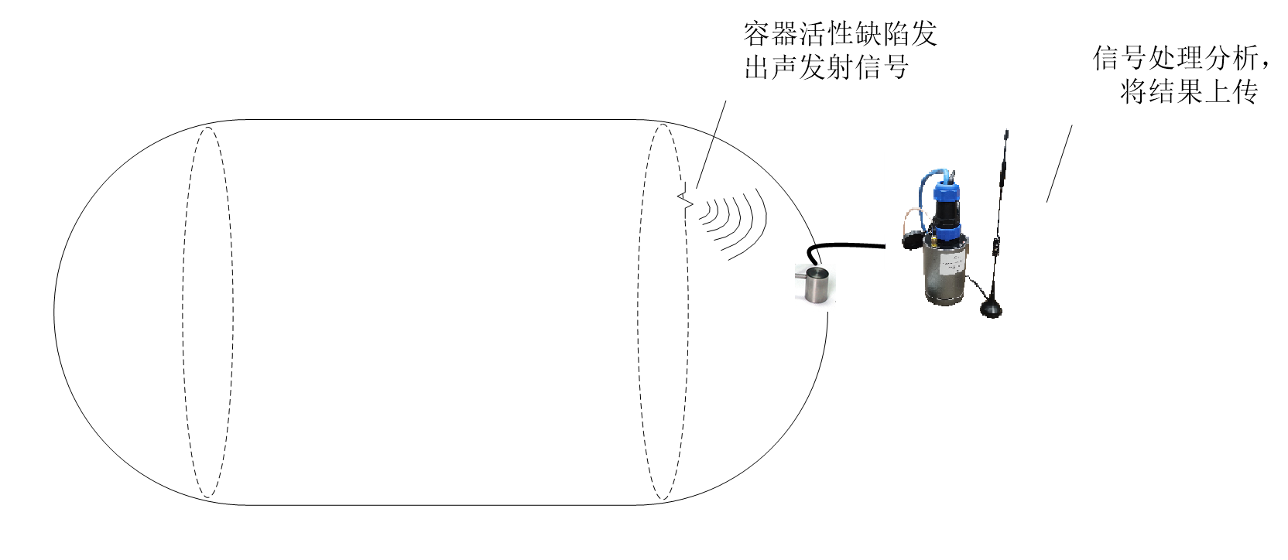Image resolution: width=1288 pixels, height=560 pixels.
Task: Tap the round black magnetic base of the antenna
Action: [991, 309]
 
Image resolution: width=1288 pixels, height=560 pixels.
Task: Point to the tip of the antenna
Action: [1006, 131]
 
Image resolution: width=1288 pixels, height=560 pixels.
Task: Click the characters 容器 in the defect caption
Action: [771, 34]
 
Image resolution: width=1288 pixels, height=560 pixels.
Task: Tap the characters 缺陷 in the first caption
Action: [882, 34]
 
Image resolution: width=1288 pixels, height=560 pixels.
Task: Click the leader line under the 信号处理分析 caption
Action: [1059, 164]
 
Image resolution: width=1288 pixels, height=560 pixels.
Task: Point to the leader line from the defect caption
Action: [711, 145]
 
